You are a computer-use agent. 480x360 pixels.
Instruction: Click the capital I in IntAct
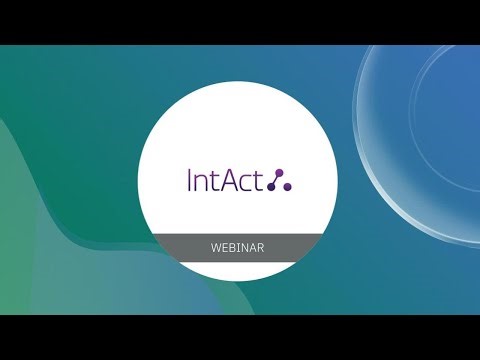pyautogui.click(x=190, y=181)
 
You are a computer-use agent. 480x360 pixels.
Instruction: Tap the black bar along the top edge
pyautogui.click(x=240, y=21)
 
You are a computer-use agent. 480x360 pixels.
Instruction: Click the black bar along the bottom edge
pyautogui.click(x=240, y=337)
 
